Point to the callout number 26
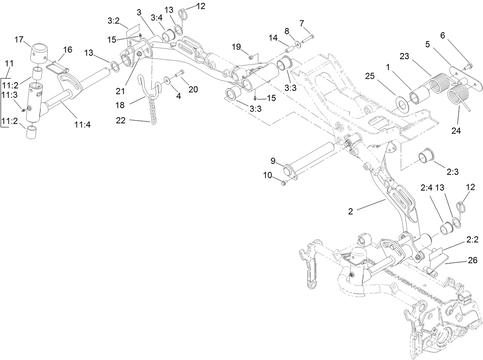(472, 261)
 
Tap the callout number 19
(236, 46)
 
